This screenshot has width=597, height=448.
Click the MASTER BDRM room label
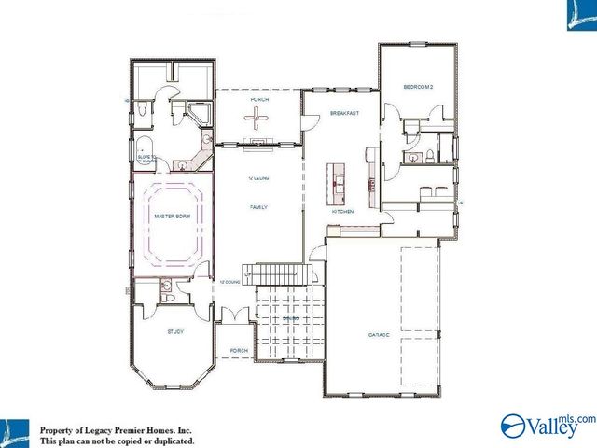(x=172, y=217)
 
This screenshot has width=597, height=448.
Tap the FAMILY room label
(x=258, y=207)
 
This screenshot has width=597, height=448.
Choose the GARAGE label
(x=380, y=333)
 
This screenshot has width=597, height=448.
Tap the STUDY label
(x=175, y=331)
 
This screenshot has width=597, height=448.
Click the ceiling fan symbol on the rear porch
(x=257, y=116)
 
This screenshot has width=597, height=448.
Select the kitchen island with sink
(x=336, y=182)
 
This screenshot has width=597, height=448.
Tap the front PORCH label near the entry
(x=239, y=351)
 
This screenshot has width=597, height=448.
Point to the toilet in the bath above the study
(x=165, y=288)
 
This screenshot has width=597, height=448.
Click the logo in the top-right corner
(x=580, y=15)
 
